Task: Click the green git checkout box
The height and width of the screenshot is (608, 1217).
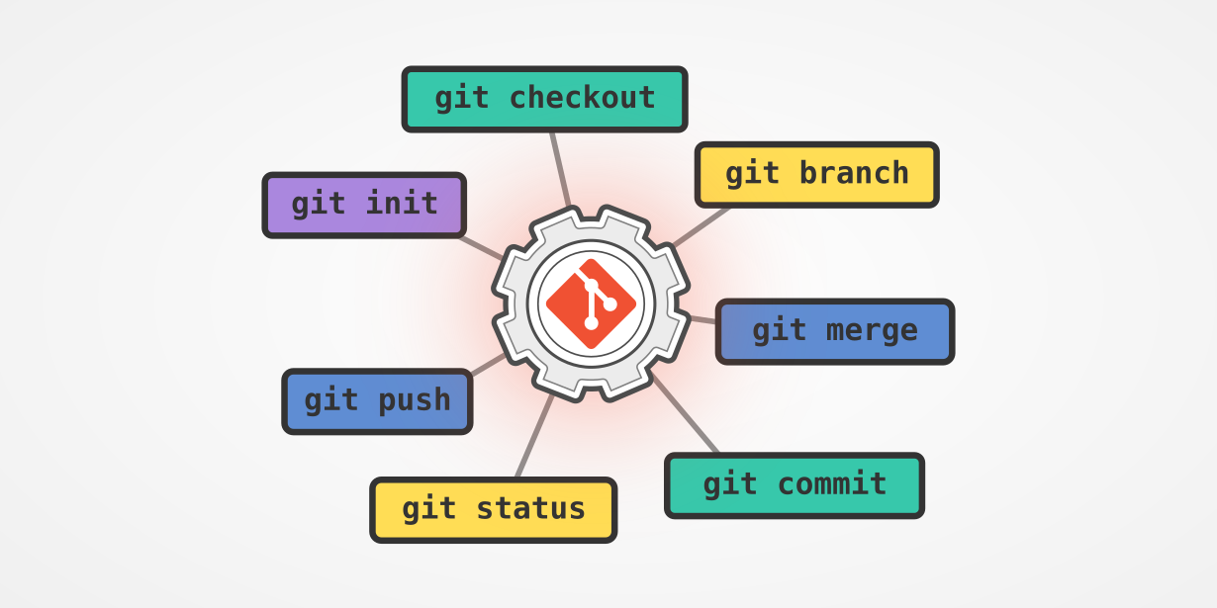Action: [544, 99]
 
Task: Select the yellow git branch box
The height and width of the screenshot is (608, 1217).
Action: [816, 174]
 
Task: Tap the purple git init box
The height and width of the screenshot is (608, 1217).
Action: [364, 205]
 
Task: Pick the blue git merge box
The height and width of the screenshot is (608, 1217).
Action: [834, 331]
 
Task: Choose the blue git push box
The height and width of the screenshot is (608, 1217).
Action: [377, 400]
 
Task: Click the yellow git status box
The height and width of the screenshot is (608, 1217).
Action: [493, 509]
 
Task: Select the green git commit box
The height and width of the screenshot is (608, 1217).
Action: [795, 484]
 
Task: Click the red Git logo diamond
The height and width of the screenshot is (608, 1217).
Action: [591, 304]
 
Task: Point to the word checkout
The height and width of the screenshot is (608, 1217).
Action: [582, 98]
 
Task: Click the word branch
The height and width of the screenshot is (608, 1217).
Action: [854, 173]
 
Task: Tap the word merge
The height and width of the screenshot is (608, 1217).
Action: [873, 331]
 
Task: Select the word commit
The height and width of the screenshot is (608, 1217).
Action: [832, 484]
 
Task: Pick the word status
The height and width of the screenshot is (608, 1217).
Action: [530, 509]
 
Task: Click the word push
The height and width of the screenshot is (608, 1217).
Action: [414, 400]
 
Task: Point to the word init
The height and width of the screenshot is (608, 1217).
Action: [402, 204]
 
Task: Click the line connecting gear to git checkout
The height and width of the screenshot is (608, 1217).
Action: [560, 169]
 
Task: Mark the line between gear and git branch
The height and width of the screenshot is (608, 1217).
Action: [701, 226]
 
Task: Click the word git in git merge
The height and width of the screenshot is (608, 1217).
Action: [779, 331]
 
